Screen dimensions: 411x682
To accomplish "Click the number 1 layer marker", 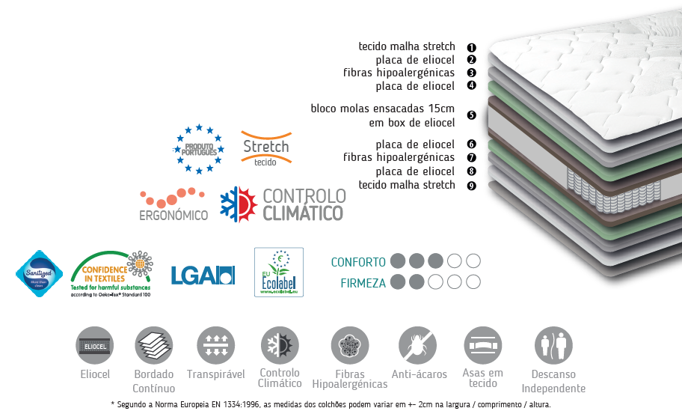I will pos(471,46).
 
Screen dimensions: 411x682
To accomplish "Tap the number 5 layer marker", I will pos(471,115).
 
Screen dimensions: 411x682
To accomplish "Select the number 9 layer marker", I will pos(471,186).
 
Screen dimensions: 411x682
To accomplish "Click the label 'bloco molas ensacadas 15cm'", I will pos(383,109).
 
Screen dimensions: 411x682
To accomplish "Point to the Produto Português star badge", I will pos(199,148).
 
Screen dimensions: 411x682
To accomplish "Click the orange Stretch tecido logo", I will pos(265,148).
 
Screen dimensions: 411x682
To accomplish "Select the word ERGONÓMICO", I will pos(173,215).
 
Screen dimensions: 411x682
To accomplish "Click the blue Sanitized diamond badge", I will pos(39,273).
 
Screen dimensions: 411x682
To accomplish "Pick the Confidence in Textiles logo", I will pos(112,273).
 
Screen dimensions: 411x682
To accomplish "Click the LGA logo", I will pos(203,275).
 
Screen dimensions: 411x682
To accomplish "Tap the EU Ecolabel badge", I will pos(278,273).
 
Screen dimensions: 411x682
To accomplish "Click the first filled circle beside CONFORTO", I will pos(399,261).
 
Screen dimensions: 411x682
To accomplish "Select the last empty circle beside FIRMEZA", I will pos(473,282).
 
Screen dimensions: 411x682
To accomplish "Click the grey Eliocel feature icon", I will pos(95,345).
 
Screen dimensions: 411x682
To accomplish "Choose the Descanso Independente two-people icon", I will pos(553,346).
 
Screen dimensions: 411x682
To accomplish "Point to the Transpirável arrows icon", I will pos(215,346).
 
